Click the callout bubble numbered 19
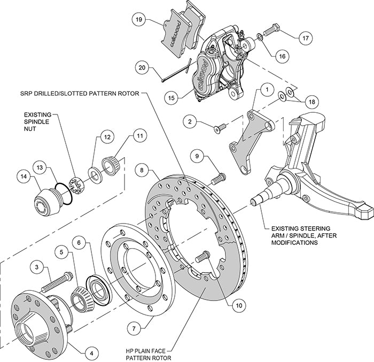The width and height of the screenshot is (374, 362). (138, 20)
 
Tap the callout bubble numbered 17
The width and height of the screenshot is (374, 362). (305, 38)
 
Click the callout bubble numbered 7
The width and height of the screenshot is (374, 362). (135, 326)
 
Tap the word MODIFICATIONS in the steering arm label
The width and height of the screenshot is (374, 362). (294, 242)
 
